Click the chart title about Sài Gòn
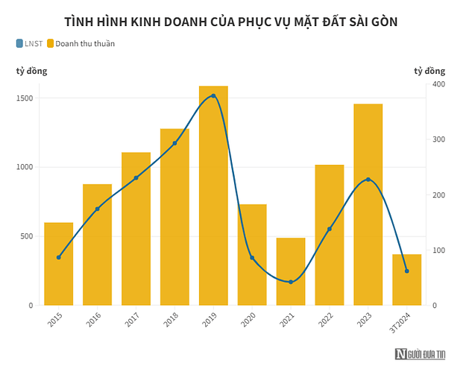pos(231,22)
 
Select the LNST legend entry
pos(29,43)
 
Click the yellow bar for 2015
pos(58,264)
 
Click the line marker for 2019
pos(213,96)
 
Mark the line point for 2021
pos(291,282)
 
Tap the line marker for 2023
pos(368,180)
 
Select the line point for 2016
pos(97,209)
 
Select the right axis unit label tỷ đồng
pos(429,71)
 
